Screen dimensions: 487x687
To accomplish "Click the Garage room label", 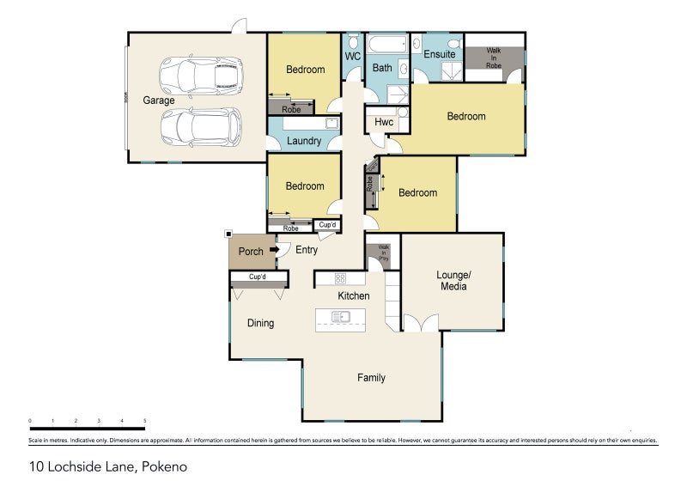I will tap(159, 100).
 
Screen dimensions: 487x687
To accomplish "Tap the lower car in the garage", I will tap(199, 127).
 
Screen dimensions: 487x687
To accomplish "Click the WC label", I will tap(352, 57).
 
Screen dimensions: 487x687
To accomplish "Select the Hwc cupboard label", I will tap(384, 123).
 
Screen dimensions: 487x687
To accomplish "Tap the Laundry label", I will tap(305, 141).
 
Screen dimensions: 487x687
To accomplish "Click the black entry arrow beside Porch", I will tap(275, 251).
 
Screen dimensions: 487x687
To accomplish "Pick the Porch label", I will tap(251, 252).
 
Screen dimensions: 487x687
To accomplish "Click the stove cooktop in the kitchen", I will tap(340, 278).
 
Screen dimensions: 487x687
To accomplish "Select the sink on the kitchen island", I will tap(340, 317).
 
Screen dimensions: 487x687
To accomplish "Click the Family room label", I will tap(371, 378).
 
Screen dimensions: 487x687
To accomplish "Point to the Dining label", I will tap(260, 324).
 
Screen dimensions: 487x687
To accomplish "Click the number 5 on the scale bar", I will tap(145, 421).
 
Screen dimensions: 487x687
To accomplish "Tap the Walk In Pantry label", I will tap(383, 253).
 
